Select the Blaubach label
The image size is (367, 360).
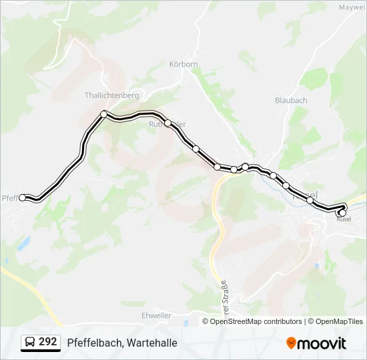[x=291, y=100]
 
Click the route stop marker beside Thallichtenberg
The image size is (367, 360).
[x=103, y=114]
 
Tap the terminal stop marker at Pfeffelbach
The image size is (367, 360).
[x=23, y=197]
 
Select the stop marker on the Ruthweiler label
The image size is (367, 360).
[x=168, y=123]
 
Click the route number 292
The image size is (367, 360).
[x=47, y=342]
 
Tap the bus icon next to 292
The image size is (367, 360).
[x=30, y=343]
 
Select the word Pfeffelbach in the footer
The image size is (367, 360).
[x=93, y=343]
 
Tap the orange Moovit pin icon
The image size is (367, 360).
[x=291, y=343]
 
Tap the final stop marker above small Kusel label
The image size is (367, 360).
[x=342, y=213]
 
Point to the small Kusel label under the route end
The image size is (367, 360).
[x=344, y=219]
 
